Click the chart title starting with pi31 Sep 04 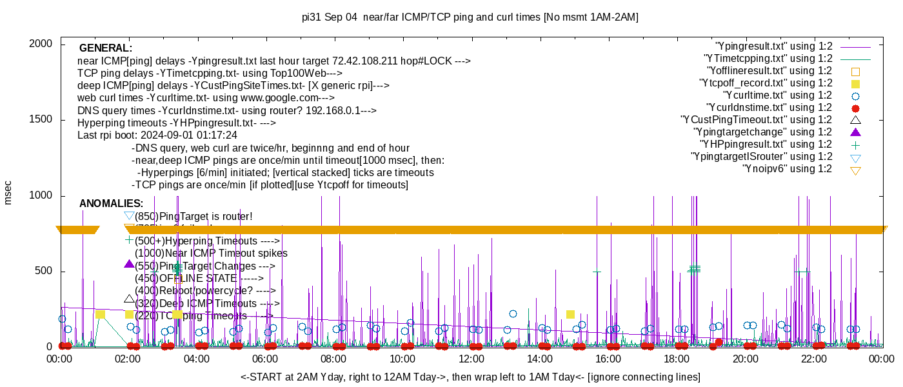[470, 17]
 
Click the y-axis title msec [8, 192]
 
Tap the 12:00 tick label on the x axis [471, 359]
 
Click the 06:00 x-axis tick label [265, 359]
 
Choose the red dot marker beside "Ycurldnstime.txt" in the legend [856, 108]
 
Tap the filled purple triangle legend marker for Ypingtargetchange [856, 132]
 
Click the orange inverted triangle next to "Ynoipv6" [856, 170]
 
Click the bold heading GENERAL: [106, 48]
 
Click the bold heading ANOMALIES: [111, 204]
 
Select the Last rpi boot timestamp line [157, 135]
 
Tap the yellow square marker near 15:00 [570, 315]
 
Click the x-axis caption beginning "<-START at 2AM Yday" [470, 377]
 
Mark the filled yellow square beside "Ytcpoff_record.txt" [856, 84]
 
